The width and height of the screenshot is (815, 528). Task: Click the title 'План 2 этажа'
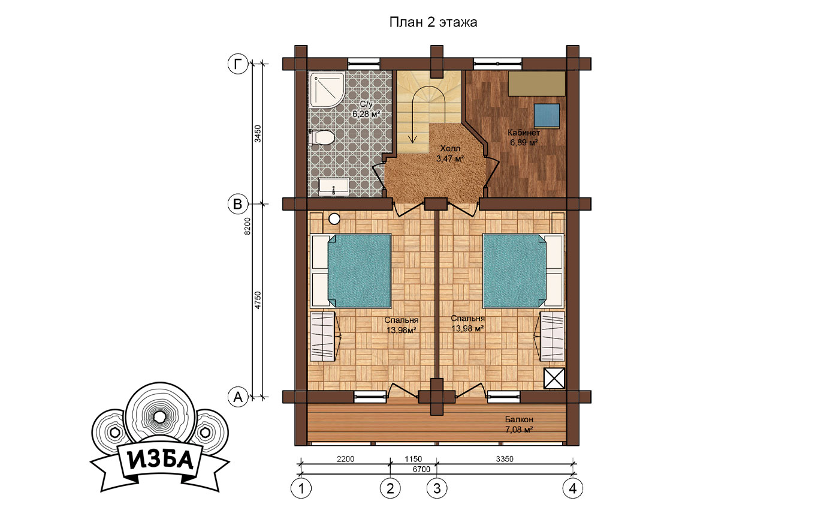point(433,22)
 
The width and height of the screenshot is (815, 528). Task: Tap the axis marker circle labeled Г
point(237,64)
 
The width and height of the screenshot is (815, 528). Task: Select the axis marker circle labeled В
point(237,204)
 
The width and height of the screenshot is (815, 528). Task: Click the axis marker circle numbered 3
point(437,488)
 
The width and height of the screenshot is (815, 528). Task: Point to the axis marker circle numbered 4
point(573,488)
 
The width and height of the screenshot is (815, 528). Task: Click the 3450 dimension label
point(258,134)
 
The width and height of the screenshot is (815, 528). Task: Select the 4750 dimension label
point(258,300)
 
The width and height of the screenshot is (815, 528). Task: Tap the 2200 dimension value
point(345,459)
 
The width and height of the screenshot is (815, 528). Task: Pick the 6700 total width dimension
point(421,469)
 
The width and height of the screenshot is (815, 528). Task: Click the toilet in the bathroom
point(321,138)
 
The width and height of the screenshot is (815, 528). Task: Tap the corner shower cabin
point(327,90)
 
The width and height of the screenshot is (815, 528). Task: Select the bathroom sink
point(334,187)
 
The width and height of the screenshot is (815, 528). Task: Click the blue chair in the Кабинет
point(547,116)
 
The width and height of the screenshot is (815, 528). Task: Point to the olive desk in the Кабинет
point(537,83)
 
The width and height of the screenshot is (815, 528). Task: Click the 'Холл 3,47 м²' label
point(450,154)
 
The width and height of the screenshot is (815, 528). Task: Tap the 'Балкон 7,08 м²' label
point(519,425)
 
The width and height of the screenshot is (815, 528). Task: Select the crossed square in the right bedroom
point(554,379)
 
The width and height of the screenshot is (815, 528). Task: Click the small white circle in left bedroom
point(334,219)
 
